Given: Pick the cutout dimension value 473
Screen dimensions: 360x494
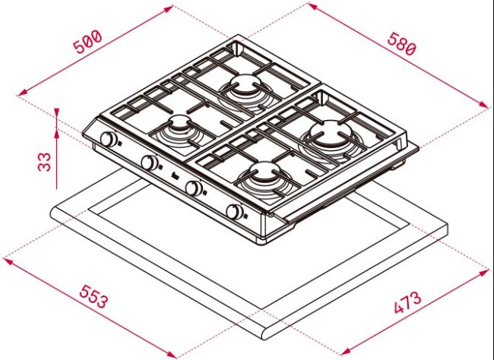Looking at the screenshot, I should tap(408, 303).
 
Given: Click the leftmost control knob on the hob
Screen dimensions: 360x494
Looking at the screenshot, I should tap(109, 140).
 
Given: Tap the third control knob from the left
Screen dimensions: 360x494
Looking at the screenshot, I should tap(195, 188).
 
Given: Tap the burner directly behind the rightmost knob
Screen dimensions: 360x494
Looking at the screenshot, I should tap(262, 176).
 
